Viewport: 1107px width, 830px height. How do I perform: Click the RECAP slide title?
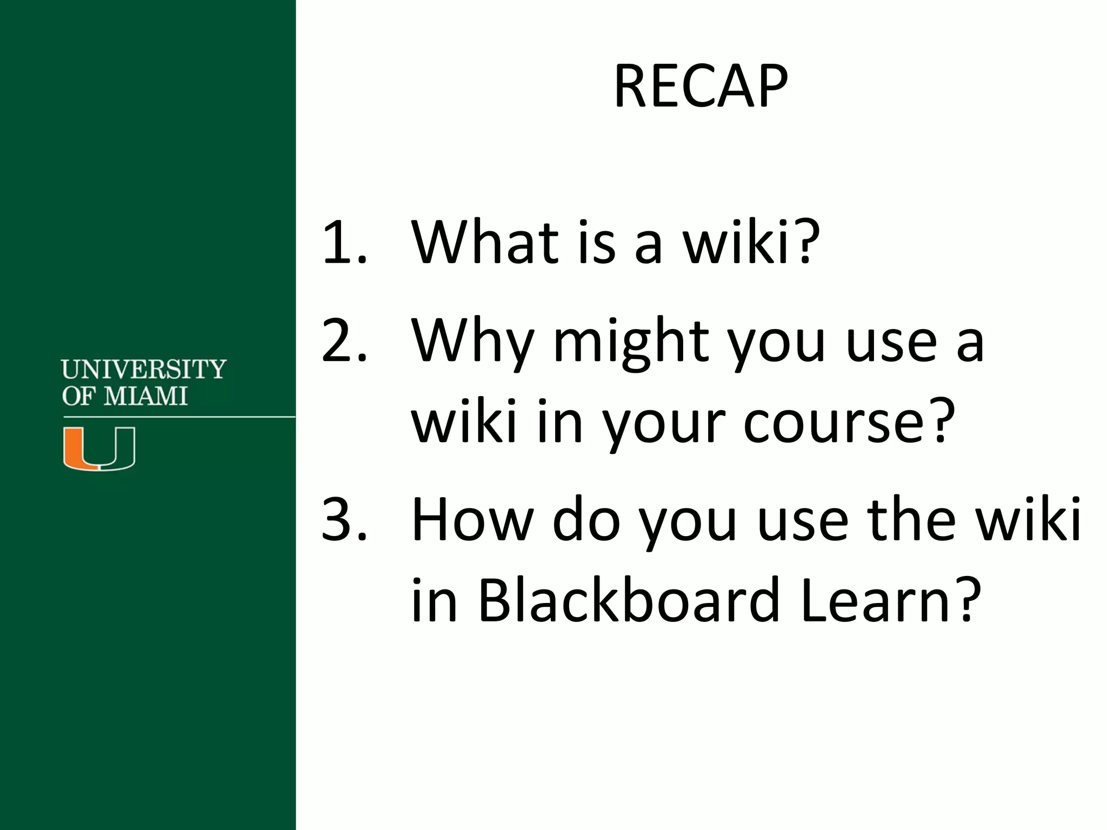[701, 87]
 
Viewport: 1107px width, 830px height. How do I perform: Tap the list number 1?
[344, 243]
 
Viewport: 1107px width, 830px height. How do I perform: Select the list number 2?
[344, 341]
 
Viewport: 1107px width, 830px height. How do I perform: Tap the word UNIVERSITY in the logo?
[143, 370]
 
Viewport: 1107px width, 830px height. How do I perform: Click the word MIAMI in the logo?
[145, 397]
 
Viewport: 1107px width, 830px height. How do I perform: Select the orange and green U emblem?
[99, 448]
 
